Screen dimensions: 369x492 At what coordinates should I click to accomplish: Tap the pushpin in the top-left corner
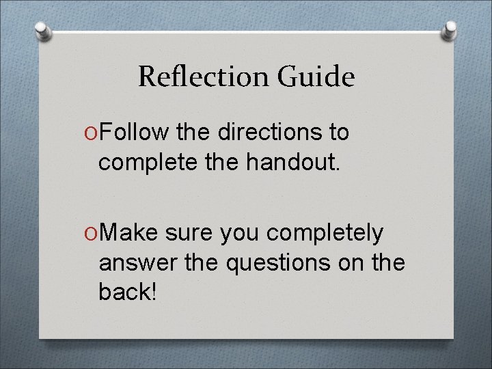coord(42,30)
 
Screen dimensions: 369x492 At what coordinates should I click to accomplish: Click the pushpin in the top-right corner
coord(450,30)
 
